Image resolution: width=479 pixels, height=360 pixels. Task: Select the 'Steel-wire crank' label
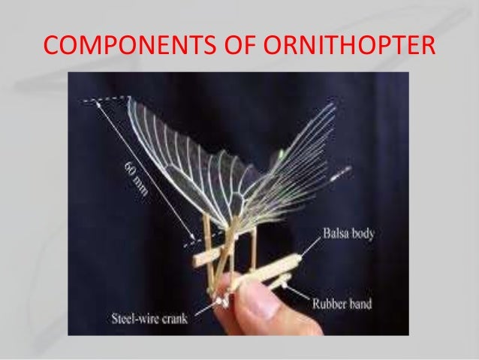pos(151,316)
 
